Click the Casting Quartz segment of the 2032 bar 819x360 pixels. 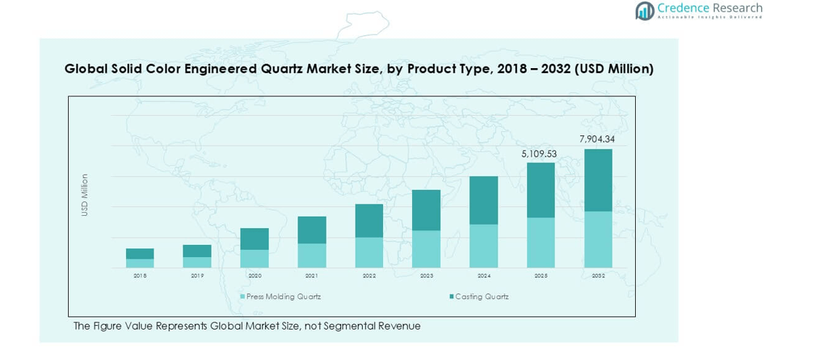[x=597, y=180]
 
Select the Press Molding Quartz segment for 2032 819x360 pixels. [x=597, y=240]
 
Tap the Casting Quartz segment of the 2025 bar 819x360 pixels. [x=540, y=190]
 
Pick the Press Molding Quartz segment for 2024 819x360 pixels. [x=483, y=246]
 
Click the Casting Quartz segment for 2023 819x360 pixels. [x=427, y=210]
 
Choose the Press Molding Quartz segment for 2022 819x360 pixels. [x=369, y=253]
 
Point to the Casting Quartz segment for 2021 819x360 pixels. [x=312, y=230]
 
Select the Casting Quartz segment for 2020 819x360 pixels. [x=255, y=239]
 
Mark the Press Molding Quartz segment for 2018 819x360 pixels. [x=140, y=264]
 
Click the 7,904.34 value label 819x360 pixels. [x=597, y=139]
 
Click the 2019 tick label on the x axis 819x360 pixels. [x=197, y=276]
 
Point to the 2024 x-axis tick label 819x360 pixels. [x=483, y=276]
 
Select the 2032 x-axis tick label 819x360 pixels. [x=597, y=276]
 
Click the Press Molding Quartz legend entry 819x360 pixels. [x=283, y=297]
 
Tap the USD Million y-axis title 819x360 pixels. [x=85, y=194]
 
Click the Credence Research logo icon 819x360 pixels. [x=644, y=10]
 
